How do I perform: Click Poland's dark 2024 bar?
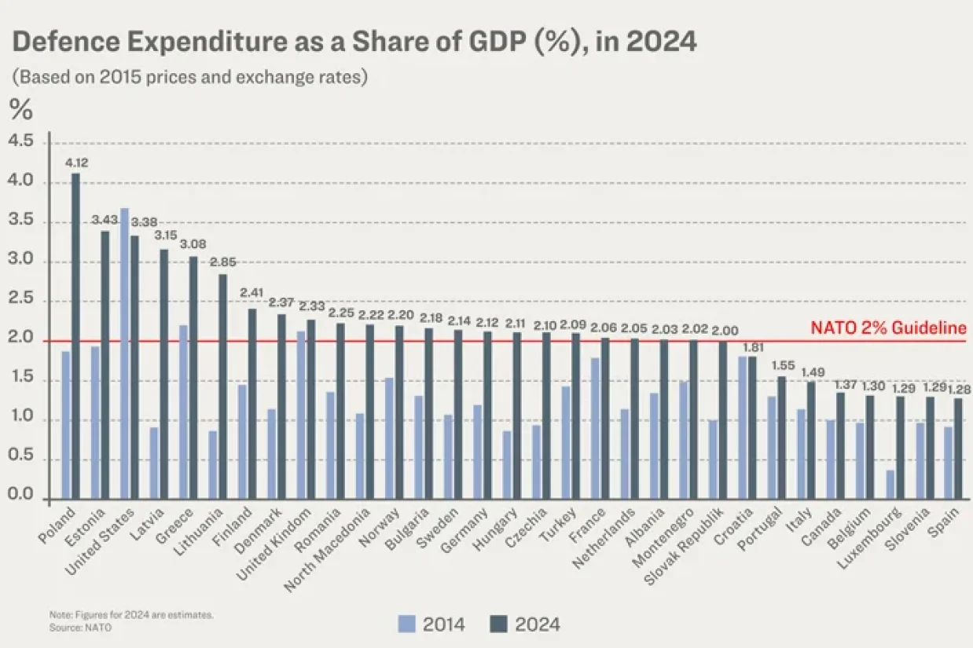point(75,336)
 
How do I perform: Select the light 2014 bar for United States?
point(124,353)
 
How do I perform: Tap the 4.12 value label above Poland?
point(76,163)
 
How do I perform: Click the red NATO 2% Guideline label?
point(888,328)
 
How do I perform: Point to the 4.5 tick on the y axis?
point(20,141)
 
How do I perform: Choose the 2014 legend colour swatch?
point(406,624)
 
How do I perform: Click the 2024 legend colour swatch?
point(498,624)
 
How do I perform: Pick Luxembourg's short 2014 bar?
point(890,485)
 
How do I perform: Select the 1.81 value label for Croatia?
point(753,348)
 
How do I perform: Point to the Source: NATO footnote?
point(80,628)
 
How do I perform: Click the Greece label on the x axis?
point(174,525)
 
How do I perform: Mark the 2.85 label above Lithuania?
point(223,262)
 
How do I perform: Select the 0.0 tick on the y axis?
point(20,494)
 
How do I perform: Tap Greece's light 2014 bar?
point(183,412)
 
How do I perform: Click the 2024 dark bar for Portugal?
point(781,438)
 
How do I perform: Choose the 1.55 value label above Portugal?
point(783,365)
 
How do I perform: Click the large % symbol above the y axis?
point(21,108)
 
